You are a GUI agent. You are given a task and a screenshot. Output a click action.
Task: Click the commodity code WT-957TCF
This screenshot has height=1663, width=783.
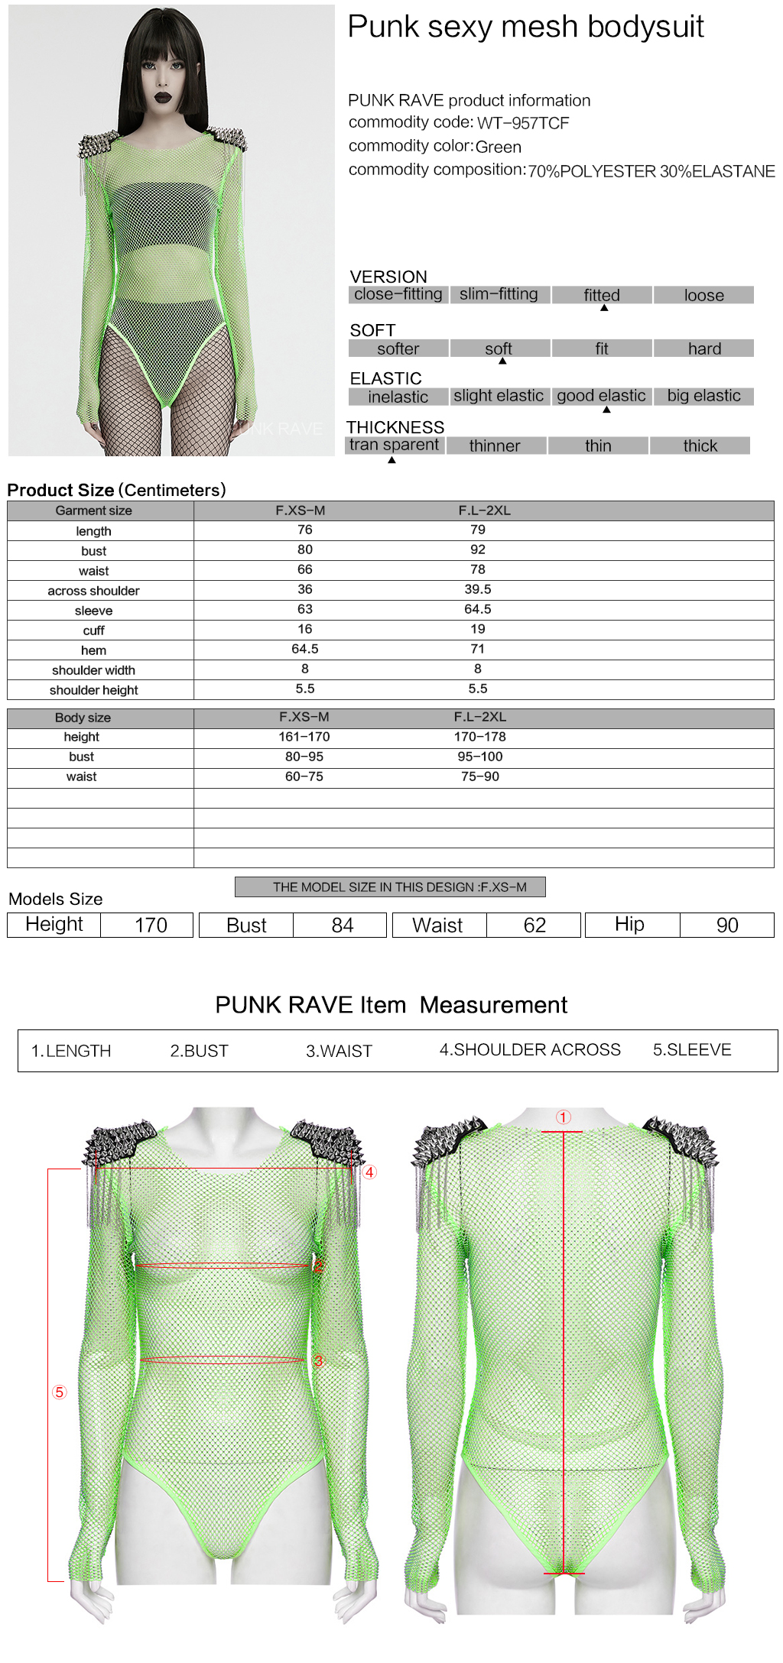[523, 123]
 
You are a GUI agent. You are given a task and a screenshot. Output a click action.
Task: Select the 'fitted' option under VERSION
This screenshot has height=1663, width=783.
[602, 295]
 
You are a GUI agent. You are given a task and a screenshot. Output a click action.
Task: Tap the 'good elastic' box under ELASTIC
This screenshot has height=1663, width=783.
[601, 396]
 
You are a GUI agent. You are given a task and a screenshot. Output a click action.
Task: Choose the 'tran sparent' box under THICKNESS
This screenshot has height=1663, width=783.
[394, 445]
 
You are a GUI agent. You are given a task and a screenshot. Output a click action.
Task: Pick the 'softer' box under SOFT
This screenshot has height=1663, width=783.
[398, 348]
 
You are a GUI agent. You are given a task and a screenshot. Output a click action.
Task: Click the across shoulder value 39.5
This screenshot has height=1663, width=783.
[478, 589]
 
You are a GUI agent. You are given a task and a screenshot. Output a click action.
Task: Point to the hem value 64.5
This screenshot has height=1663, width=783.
[305, 649]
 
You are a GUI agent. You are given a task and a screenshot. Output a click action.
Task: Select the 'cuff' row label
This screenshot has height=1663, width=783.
[93, 631]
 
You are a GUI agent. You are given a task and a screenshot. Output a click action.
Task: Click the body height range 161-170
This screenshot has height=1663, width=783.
[304, 737]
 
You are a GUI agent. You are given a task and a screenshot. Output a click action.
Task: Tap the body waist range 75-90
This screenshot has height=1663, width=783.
[480, 776]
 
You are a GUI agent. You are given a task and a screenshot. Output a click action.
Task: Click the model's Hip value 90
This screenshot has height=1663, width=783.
[727, 926]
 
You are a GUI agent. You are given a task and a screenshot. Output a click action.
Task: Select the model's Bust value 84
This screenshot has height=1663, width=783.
[343, 926]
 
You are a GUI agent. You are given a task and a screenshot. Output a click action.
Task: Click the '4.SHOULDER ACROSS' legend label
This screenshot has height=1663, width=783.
[530, 1050]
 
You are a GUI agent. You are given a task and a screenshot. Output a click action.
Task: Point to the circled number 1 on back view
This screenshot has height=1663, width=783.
[564, 1117]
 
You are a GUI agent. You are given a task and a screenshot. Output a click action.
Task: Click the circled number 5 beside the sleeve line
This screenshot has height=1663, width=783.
[60, 1392]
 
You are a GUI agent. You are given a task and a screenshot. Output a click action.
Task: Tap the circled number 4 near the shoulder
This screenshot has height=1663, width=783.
[369, 1172]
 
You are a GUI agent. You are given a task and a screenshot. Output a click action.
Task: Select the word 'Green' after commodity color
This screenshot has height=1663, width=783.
[499, 147]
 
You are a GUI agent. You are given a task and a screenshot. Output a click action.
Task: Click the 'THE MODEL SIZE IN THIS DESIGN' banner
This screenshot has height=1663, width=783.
[390, 887]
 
